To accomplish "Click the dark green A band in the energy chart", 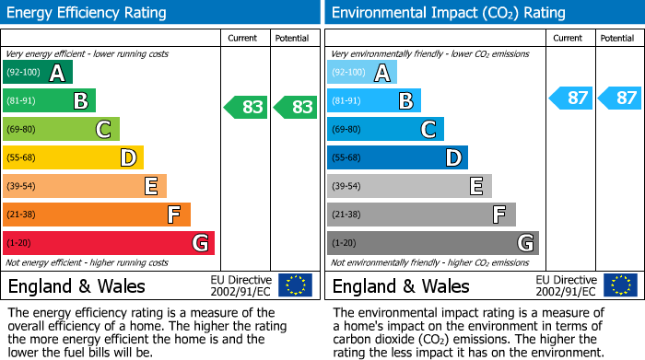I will coord(38,73).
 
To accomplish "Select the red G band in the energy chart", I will coord(109,243).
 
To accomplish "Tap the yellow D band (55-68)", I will coord(73,158).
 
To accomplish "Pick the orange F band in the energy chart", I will coord(97,215).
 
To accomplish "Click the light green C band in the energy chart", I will coord(61,130).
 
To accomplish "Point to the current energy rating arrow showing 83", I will coord(246,107).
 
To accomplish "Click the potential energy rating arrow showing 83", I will coord(296,107).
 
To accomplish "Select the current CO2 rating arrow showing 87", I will coord(571,98).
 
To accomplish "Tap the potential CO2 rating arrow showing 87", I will coord(620,98).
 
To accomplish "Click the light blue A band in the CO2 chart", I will coord(362,73).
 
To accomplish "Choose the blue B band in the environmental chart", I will coord(374,101).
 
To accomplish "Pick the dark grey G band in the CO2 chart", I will coord(433,243).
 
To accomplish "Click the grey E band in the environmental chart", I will coord(409,186).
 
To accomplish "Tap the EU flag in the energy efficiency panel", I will coord(295,285).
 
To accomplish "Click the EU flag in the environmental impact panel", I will coord(619,285).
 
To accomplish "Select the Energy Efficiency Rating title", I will coord(87,13).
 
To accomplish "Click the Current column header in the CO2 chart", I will coord(569,38).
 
